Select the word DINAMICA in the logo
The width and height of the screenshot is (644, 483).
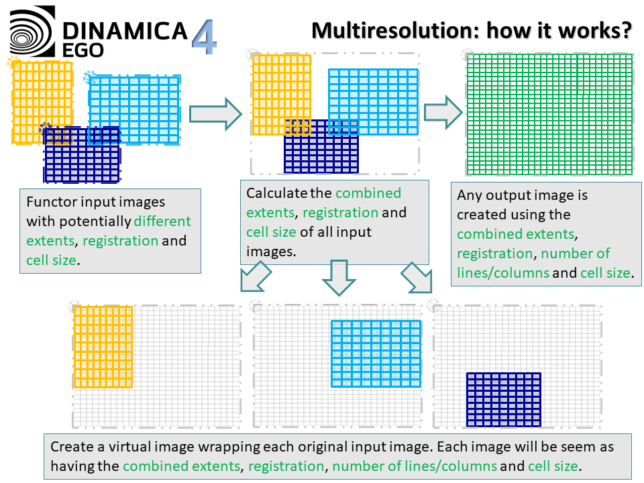[x=124, y=30]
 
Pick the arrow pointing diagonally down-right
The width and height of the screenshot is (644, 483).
[x=417, y=278]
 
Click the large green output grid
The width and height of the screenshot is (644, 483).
[x=549, y=114]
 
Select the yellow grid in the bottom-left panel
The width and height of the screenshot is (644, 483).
[x=103, y=347]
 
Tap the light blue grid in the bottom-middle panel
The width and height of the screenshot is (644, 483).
[x=376, y=354]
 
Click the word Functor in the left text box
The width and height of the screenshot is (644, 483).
[x=49, y=201]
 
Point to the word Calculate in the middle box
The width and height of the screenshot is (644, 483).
[x=276, y=193]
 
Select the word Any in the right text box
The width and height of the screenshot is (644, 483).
[x=469, y=195]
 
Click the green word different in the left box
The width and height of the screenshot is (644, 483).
[x=162, y=221]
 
